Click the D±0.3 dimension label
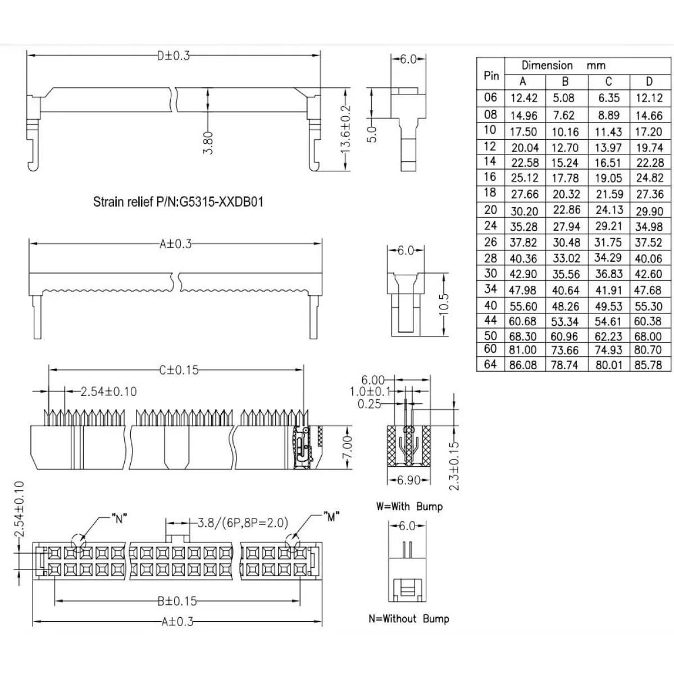click(x=174, y=56)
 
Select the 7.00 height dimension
click(x=347, y=447)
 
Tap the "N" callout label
click(x=119, y=518)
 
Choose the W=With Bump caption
click(x=409, y=507)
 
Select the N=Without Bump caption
click(x=409, y=619)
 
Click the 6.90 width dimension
click(x=409, y=480)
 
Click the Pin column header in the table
click(x=491, y=75)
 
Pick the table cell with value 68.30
click(x=523, y=336)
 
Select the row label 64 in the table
click(x=490, y=365)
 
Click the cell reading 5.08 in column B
click(x=564, y=98)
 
